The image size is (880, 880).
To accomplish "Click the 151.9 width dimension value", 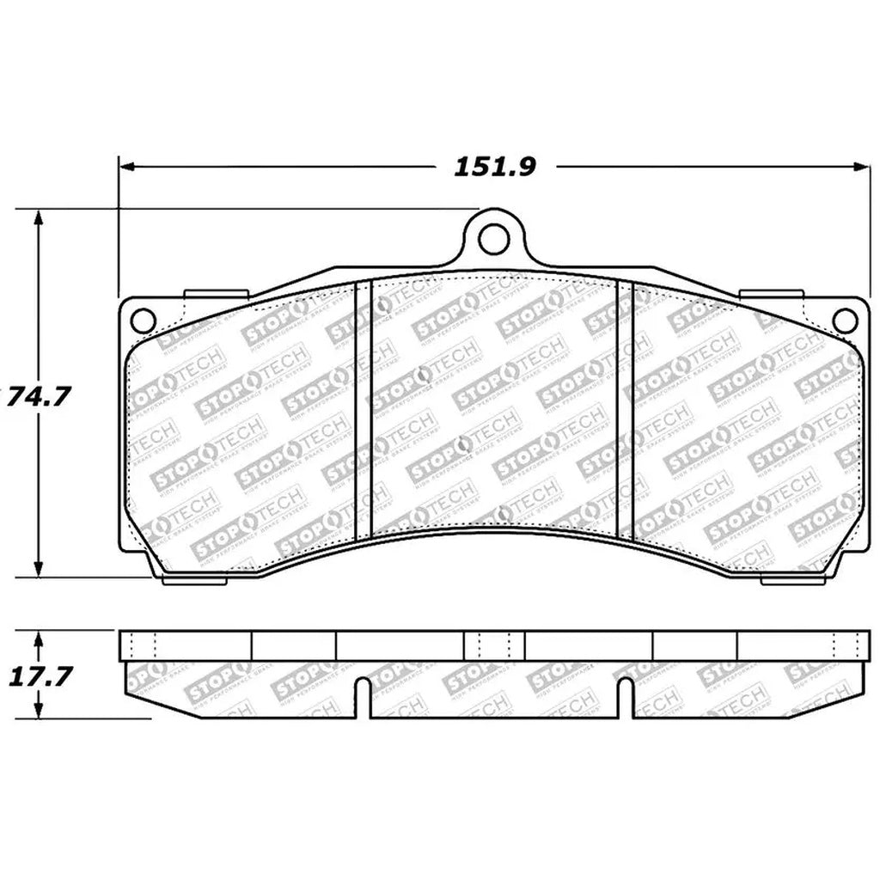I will click(x=495, y=166).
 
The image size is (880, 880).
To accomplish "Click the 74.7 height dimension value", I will click(x=36, y=398).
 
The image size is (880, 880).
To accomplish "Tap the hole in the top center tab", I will click(x=492, y=238).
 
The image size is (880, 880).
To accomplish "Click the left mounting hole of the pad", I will click(x=143, y=321).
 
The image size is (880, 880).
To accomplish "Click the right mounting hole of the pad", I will click(x=845, y=321).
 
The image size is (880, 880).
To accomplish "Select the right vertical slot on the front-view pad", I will click(x=625, y=411).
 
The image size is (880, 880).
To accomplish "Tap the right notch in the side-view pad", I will click(x=626, y=694).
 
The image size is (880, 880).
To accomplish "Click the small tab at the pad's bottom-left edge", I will click(x=194, y=579).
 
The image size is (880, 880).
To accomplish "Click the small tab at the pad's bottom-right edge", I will click(x=792, y=580).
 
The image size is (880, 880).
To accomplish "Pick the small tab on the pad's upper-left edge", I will click(x=217, y=294).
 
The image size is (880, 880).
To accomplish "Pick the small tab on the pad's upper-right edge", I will click(x=770, y=294).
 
